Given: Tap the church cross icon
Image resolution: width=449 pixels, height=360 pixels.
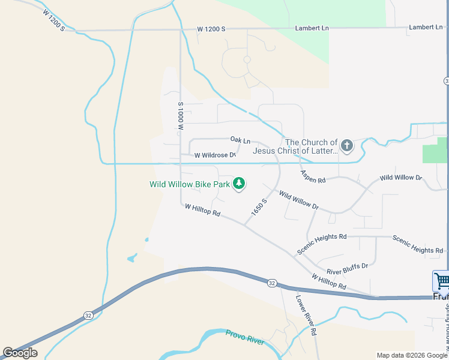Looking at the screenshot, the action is coord(346,145).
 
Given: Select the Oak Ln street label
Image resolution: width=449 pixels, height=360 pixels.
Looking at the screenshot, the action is coord(240,139).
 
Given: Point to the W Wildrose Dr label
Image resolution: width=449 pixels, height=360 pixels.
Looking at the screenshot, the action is coord(215,155).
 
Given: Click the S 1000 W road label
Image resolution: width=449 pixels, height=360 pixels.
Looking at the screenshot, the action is coord(179,116).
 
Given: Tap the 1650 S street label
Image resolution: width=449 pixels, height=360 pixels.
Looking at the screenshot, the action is coord(259,207).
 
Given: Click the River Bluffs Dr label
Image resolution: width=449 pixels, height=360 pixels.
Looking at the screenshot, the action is coord(347,265).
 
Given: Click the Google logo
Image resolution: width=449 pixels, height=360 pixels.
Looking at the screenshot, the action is coord(20,352).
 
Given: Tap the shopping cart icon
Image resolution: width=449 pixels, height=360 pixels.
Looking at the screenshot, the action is coord(441,280).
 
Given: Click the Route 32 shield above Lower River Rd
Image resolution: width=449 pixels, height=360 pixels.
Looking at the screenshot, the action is coord(272,283).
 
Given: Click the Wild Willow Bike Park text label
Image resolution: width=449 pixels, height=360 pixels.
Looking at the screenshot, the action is coord(190,185).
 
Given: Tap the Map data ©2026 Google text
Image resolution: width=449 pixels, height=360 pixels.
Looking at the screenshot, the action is coord(411,355).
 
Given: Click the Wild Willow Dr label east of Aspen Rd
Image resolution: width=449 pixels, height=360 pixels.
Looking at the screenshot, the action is coord(401,178).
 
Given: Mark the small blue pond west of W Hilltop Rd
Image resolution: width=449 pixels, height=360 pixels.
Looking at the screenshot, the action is coord(131,259).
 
